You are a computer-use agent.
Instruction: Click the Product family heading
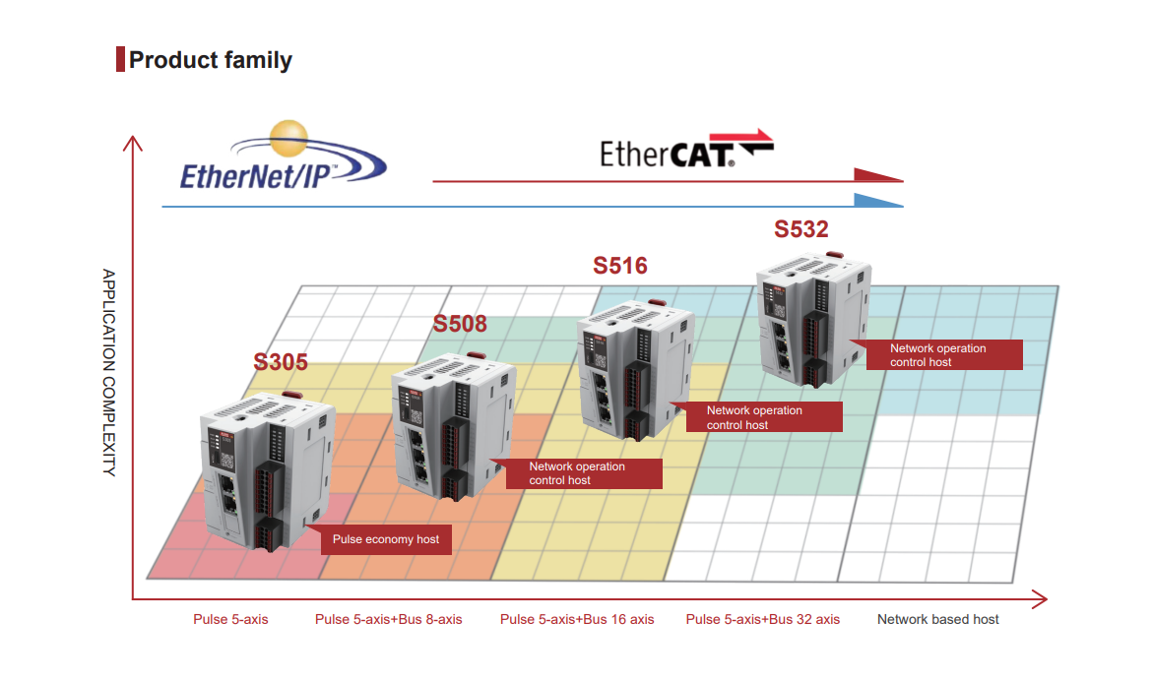[210, 59]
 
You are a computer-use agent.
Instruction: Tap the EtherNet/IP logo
[283, 155]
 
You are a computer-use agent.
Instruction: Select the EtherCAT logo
[686, 149]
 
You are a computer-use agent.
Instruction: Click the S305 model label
[281, 362]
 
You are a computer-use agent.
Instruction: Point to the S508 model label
[460, 324]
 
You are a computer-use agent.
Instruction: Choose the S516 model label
[620, 266]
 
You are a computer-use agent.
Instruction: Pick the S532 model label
[800, 229]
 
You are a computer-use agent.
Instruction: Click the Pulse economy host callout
[386, 539]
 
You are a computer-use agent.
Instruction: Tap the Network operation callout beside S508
[583, 473]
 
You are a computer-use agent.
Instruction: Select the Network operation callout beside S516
[764, 417]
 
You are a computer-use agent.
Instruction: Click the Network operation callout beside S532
[944, 354]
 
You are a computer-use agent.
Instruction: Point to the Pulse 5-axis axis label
[230, 619]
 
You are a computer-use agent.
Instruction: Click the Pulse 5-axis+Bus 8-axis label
[389, 619]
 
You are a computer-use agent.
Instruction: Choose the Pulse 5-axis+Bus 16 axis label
[577, 619]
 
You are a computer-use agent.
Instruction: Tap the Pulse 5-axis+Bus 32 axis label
[763, 619]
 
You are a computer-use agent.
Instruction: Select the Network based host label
[938, 619]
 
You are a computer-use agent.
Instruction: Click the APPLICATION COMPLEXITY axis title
[108, 372]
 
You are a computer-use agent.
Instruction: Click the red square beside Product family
[120, 59]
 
